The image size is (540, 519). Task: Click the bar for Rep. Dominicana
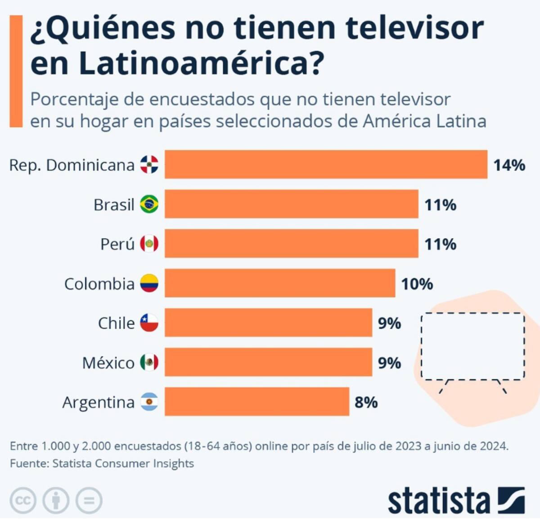(326, 164)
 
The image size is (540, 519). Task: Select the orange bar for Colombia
(279, 283)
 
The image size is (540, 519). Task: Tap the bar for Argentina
(256, 401)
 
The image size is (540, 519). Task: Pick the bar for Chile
(268, 323)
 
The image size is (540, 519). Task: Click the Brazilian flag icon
(149, 204)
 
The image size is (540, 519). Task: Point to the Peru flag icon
(149, 244)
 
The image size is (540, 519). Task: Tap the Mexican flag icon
(149, 362)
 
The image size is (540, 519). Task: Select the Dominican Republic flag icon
(149, 165)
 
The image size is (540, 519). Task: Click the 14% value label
(509, 165)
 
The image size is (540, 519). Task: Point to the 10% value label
(417, 284)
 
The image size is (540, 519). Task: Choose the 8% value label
(366, 402)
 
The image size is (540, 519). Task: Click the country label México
(108, 363)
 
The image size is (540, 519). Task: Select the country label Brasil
(114, 205)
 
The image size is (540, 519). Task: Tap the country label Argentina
(98, 402)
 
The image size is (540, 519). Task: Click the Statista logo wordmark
(439, 501)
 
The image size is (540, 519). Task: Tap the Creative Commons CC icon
(23, 500)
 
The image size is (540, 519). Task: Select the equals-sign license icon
(89, 500)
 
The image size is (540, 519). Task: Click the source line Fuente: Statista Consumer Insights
(102, 463)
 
